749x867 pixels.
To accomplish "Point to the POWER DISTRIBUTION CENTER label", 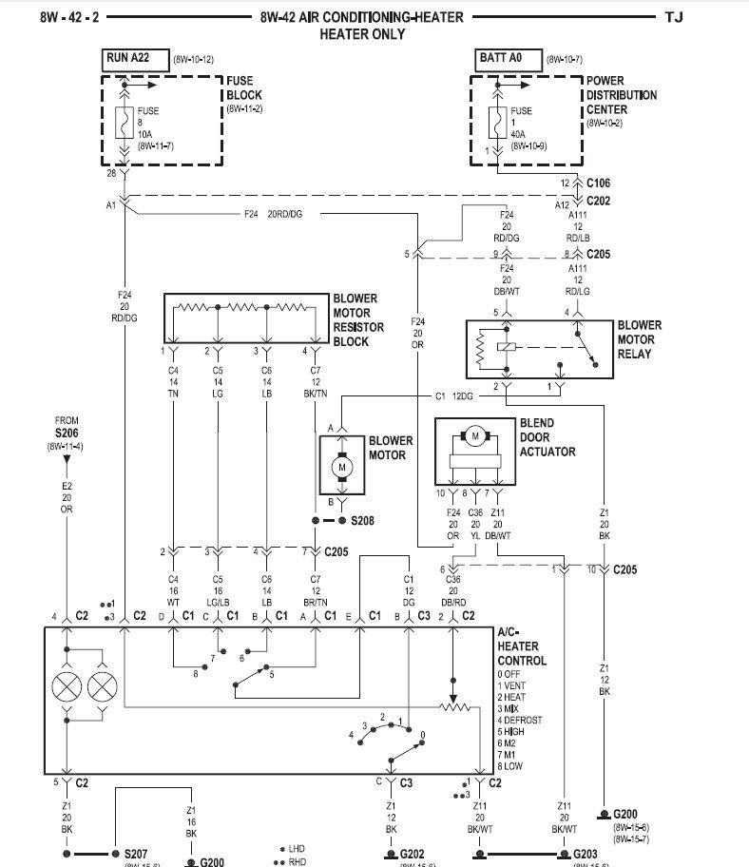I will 620,96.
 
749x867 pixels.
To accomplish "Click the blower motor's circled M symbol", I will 339,467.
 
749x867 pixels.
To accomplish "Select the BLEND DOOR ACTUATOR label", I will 547,437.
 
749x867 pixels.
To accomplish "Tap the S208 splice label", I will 363,522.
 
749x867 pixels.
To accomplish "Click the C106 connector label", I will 599,182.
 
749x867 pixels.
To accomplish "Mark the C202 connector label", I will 599,201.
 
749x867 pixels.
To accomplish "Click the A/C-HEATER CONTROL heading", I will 522,646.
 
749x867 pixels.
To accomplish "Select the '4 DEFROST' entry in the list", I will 519,720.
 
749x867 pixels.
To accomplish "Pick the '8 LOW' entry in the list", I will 510,766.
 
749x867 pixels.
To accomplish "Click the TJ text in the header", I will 673,17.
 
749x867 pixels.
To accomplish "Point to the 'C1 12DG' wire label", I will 453,395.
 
